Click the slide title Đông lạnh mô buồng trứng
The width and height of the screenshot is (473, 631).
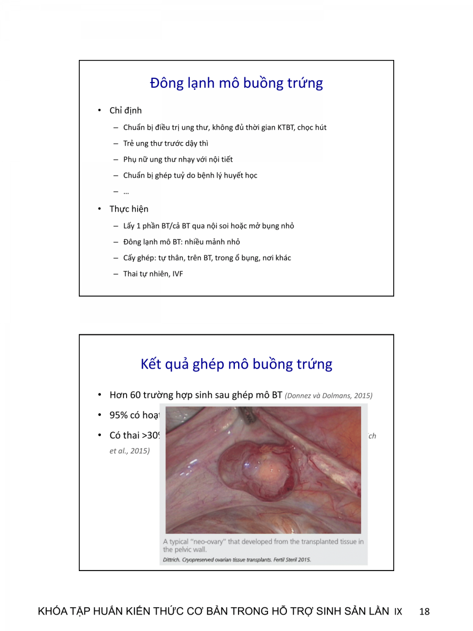tap(236, 83)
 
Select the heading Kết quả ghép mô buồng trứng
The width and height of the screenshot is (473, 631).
tap(236, 364)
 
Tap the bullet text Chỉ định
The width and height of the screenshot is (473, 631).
tap(126, 110)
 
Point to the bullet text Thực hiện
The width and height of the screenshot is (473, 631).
tap(129, 209)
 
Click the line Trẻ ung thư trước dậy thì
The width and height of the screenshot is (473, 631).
tap(166, 144)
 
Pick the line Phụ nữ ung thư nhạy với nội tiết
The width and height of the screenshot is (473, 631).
tap(178, 159)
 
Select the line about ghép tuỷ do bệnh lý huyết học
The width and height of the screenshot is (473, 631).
tap(190, 175)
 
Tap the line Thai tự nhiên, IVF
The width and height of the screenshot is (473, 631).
tap(153, 274)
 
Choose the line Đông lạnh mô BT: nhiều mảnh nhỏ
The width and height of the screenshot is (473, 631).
tap(181, 242)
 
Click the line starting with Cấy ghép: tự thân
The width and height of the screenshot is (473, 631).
tap(207, 258)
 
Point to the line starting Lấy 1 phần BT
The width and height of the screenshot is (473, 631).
tap(209, 226)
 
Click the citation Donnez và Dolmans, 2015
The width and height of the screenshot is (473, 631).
tap(328, 395)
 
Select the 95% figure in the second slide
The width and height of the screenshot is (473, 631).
tap(118, 415)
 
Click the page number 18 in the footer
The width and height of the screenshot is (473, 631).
tap(425, 612)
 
